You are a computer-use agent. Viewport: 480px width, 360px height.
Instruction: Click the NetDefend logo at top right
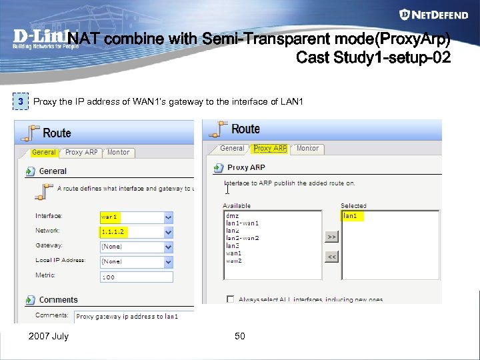433,15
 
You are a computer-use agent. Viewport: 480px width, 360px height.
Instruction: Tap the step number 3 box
21,101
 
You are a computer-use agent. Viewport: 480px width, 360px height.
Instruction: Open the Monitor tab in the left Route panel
118,153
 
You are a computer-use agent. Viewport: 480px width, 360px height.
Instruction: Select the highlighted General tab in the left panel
44,153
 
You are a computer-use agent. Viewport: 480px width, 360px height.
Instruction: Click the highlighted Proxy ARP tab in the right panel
270,149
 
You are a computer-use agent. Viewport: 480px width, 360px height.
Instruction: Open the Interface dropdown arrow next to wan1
168,217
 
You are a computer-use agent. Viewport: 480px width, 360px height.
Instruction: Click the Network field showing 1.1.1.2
131,232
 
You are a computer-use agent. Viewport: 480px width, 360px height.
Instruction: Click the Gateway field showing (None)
131,247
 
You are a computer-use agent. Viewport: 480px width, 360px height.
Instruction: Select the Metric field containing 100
135,277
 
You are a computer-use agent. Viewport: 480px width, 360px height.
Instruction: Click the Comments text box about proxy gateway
133,317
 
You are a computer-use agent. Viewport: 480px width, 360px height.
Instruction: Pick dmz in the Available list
233,216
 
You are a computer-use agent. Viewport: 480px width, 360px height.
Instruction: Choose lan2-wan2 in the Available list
243,238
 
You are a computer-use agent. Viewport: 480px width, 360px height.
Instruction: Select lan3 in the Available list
233,245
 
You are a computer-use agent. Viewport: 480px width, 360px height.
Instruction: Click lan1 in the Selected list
349,216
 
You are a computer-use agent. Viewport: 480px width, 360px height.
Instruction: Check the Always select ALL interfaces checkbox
230,299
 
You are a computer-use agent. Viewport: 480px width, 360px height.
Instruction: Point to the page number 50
240,336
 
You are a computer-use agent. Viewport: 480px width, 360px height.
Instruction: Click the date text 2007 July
48,336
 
